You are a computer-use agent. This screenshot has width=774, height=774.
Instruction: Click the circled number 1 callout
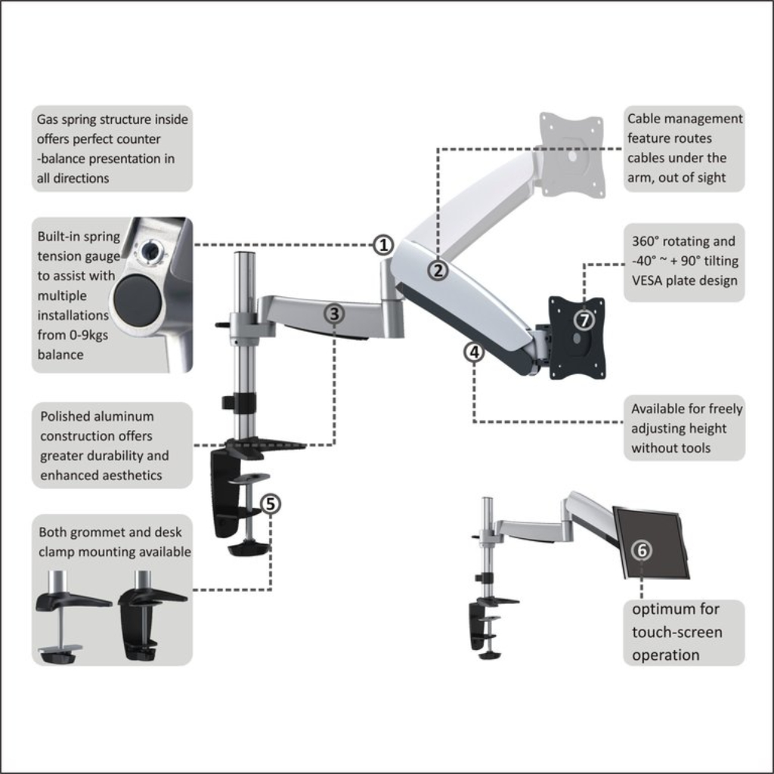[384, 245]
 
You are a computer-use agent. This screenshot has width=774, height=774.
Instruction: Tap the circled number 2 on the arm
[439, 270]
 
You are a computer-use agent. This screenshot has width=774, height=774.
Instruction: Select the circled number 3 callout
[335, 313]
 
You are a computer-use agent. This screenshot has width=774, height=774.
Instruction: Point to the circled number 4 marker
[474, 351]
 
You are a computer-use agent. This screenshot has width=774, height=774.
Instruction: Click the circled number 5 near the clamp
[271, 503]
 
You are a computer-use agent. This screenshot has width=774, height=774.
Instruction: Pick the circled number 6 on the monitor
[642, 550]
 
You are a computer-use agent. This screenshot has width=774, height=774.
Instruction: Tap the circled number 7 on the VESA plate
[584, 320]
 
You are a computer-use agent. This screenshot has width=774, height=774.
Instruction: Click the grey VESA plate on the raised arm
[572, 154]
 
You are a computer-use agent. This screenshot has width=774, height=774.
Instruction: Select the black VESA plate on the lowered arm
[577, 338]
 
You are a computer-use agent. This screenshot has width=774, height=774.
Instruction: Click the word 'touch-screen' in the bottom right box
[677, 633]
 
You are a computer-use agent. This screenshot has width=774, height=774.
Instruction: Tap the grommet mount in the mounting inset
[70, 616]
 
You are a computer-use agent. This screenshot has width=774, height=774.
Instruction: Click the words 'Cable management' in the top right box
[685, 119]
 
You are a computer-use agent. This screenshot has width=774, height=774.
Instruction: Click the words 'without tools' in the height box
[671, 448]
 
